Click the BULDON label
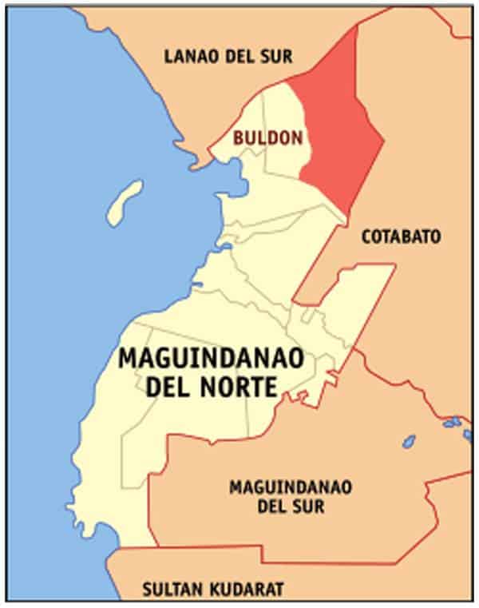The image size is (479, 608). (x=268, y=138)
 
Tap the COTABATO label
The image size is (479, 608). (x=401, y=236)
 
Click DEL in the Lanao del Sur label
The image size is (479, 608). (x=239, y=56)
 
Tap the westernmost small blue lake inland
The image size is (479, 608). (x=409, y=440)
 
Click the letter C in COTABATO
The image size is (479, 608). (x=367, y=236)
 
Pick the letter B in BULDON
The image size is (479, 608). (x=238, y=138)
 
